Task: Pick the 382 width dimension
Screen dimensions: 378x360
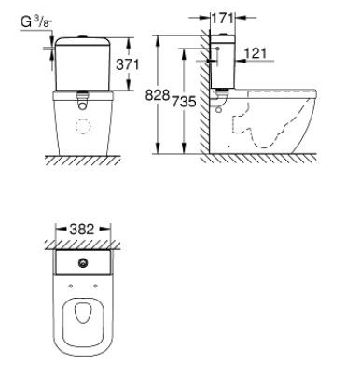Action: tap(83, 229)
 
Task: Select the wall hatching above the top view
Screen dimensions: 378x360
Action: tap(83, 245)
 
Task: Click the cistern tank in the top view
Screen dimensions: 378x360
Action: tap(83, 263)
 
